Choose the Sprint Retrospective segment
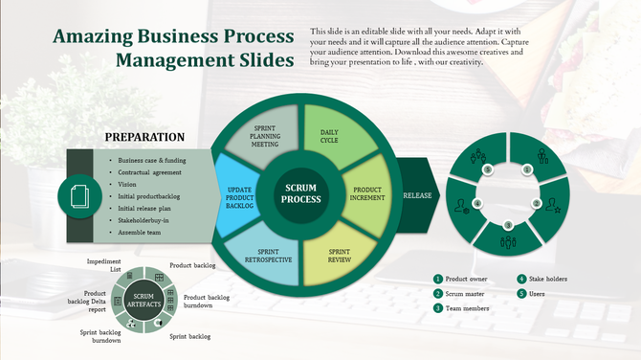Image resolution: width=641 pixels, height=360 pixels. pos(267,255)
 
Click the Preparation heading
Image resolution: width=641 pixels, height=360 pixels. pos(144,138)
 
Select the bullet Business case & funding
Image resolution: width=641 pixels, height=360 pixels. pos(152,161)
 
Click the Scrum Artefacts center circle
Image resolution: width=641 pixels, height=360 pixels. pos(144,301)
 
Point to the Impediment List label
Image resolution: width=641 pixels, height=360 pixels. pos(104,265)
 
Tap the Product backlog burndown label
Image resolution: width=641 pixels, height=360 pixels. pos(207,303)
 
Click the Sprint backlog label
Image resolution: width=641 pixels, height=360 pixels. pos(190,337)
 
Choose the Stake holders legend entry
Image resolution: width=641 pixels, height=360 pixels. pos(548,279)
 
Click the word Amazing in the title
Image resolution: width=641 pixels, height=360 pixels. pos(95,36)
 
